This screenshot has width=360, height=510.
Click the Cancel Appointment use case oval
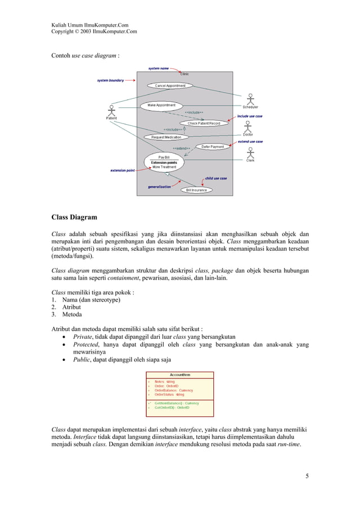pos(170,86)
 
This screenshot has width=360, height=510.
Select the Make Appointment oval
pos(161,105)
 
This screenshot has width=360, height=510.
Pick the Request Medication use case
pos(166,137)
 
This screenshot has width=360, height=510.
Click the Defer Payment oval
pos(213,147)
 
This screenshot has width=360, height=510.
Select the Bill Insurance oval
pos(196,190)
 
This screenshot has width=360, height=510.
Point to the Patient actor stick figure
pos(112,110)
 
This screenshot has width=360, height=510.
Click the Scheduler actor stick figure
pos(250,98)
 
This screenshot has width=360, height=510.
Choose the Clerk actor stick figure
pos(250,152)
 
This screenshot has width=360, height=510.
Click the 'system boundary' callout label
pos(110,80)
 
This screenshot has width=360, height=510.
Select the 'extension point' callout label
pos(122,170)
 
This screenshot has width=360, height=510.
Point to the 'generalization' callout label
pos(159,186)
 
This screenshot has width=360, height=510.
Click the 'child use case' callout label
pos(216,178)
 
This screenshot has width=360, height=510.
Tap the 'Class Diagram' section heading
pos(74,217)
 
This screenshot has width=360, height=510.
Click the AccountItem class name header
pos(180,374)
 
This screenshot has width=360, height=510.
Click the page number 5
pos(306,475)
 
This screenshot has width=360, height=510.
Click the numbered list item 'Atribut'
pos(70,307)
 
